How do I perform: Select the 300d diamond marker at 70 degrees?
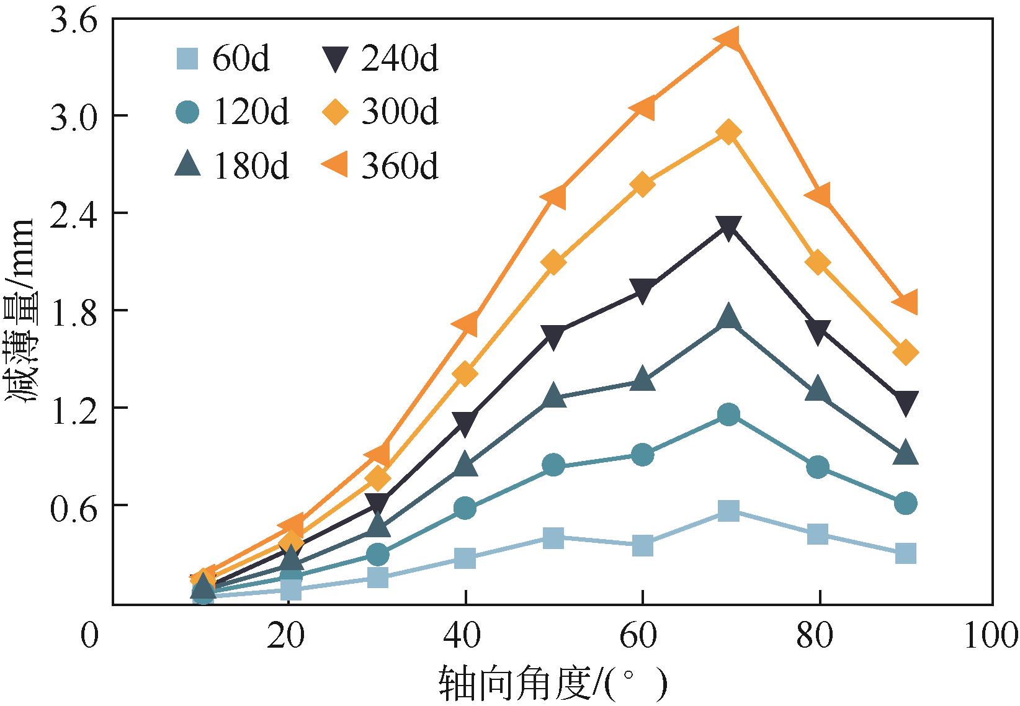[729, 133]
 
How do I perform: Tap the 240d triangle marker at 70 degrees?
[729, 228]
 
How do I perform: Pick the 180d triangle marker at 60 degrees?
[643, 379]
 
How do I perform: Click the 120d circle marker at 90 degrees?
[906, 503]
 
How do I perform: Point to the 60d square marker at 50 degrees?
[553, 538]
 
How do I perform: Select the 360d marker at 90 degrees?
[906, 302]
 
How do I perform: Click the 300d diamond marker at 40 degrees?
[465, 374]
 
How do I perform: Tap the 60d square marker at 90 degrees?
[906, 553]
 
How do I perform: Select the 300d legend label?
[400, 113]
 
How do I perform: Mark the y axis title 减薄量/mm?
[22, 310]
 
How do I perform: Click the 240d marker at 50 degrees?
[553, 336]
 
